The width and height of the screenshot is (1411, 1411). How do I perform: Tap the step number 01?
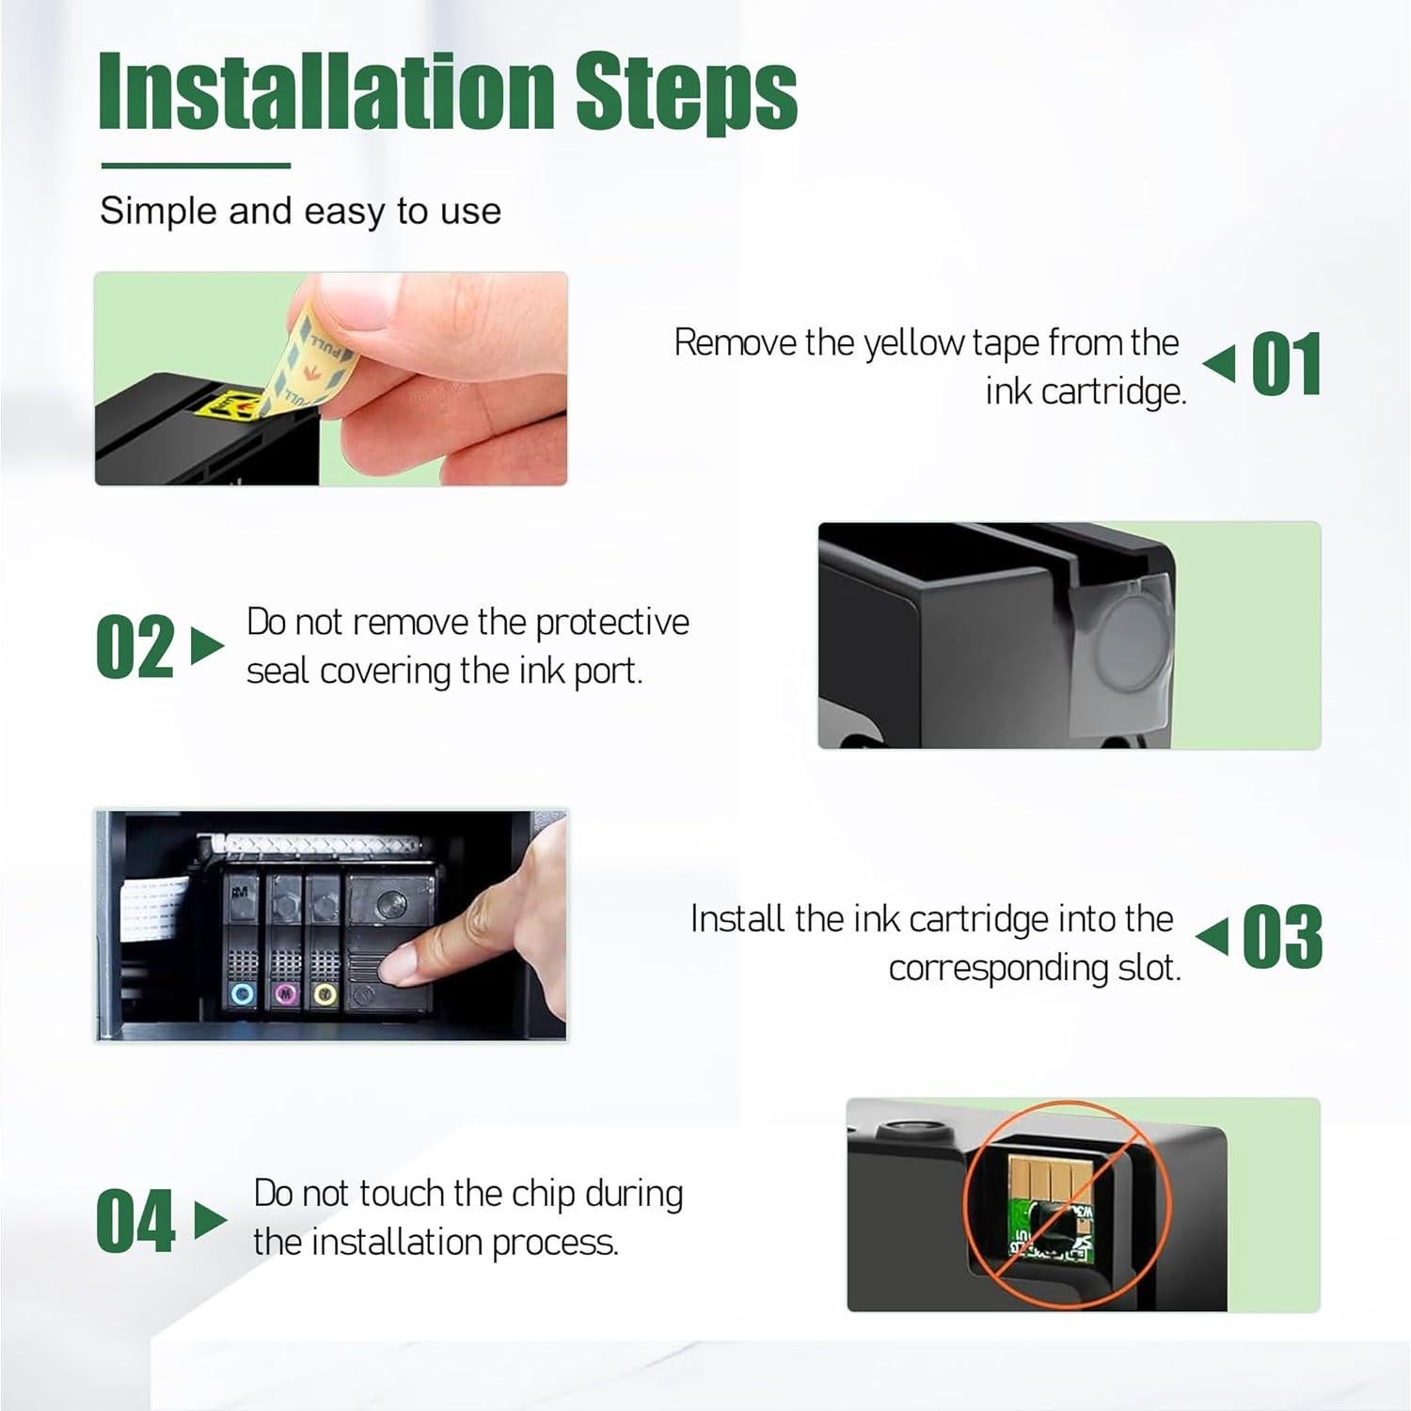(1287, 364)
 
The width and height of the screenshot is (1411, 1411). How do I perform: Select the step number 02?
(135, 646)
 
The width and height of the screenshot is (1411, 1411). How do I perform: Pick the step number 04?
(135, 1221)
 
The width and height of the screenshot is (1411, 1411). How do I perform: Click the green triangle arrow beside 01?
(1219, 364)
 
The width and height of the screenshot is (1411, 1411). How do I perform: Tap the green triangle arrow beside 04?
(211, 1220)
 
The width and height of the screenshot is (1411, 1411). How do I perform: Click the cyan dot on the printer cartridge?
(244, 993)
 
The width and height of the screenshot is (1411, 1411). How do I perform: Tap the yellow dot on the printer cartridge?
(325, 993)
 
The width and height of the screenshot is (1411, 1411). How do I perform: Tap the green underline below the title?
(196, 166)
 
